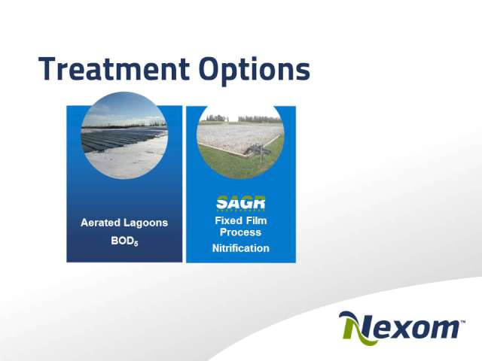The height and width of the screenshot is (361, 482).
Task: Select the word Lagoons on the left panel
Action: click(x=146, y=223)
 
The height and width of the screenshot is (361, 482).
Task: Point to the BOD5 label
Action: click(x=124, y=241)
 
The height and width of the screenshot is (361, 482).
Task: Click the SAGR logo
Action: click(x=241, y=203)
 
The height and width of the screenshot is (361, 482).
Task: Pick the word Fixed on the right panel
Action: click(x=227, y=220)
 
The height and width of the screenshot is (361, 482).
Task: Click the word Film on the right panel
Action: click(x=256, y=220)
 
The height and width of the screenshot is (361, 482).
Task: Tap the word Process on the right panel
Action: click(x=241, y=232)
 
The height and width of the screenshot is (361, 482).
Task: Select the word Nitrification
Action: click(x=241, y=248)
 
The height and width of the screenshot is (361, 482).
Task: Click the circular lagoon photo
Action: click(x=124, y=135)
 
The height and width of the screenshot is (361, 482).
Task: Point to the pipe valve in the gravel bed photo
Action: click(x=258, y=151)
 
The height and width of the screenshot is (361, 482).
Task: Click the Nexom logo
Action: click(x=401, y=328)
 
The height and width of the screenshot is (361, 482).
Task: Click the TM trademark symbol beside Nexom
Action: click(x=462, y=322)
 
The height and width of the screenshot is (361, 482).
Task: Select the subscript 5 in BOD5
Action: click(x=136, y=244)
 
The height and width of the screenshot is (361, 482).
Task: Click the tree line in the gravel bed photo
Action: click(x=241, y=119)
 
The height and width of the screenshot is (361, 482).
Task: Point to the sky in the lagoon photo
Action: click(x=124, y=108)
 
